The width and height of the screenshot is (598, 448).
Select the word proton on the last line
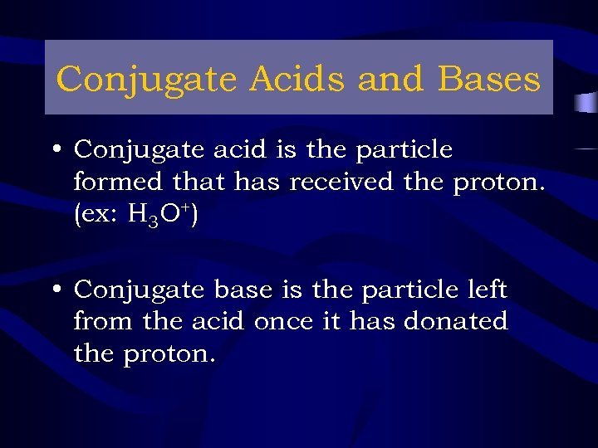[x=169, y=354]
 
